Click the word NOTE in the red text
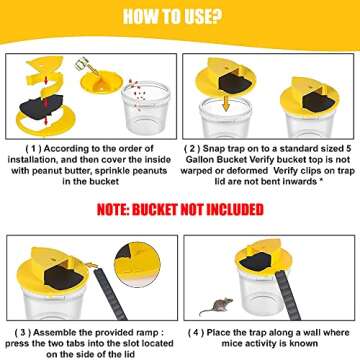pyautogui.click(x=114, y=209)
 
